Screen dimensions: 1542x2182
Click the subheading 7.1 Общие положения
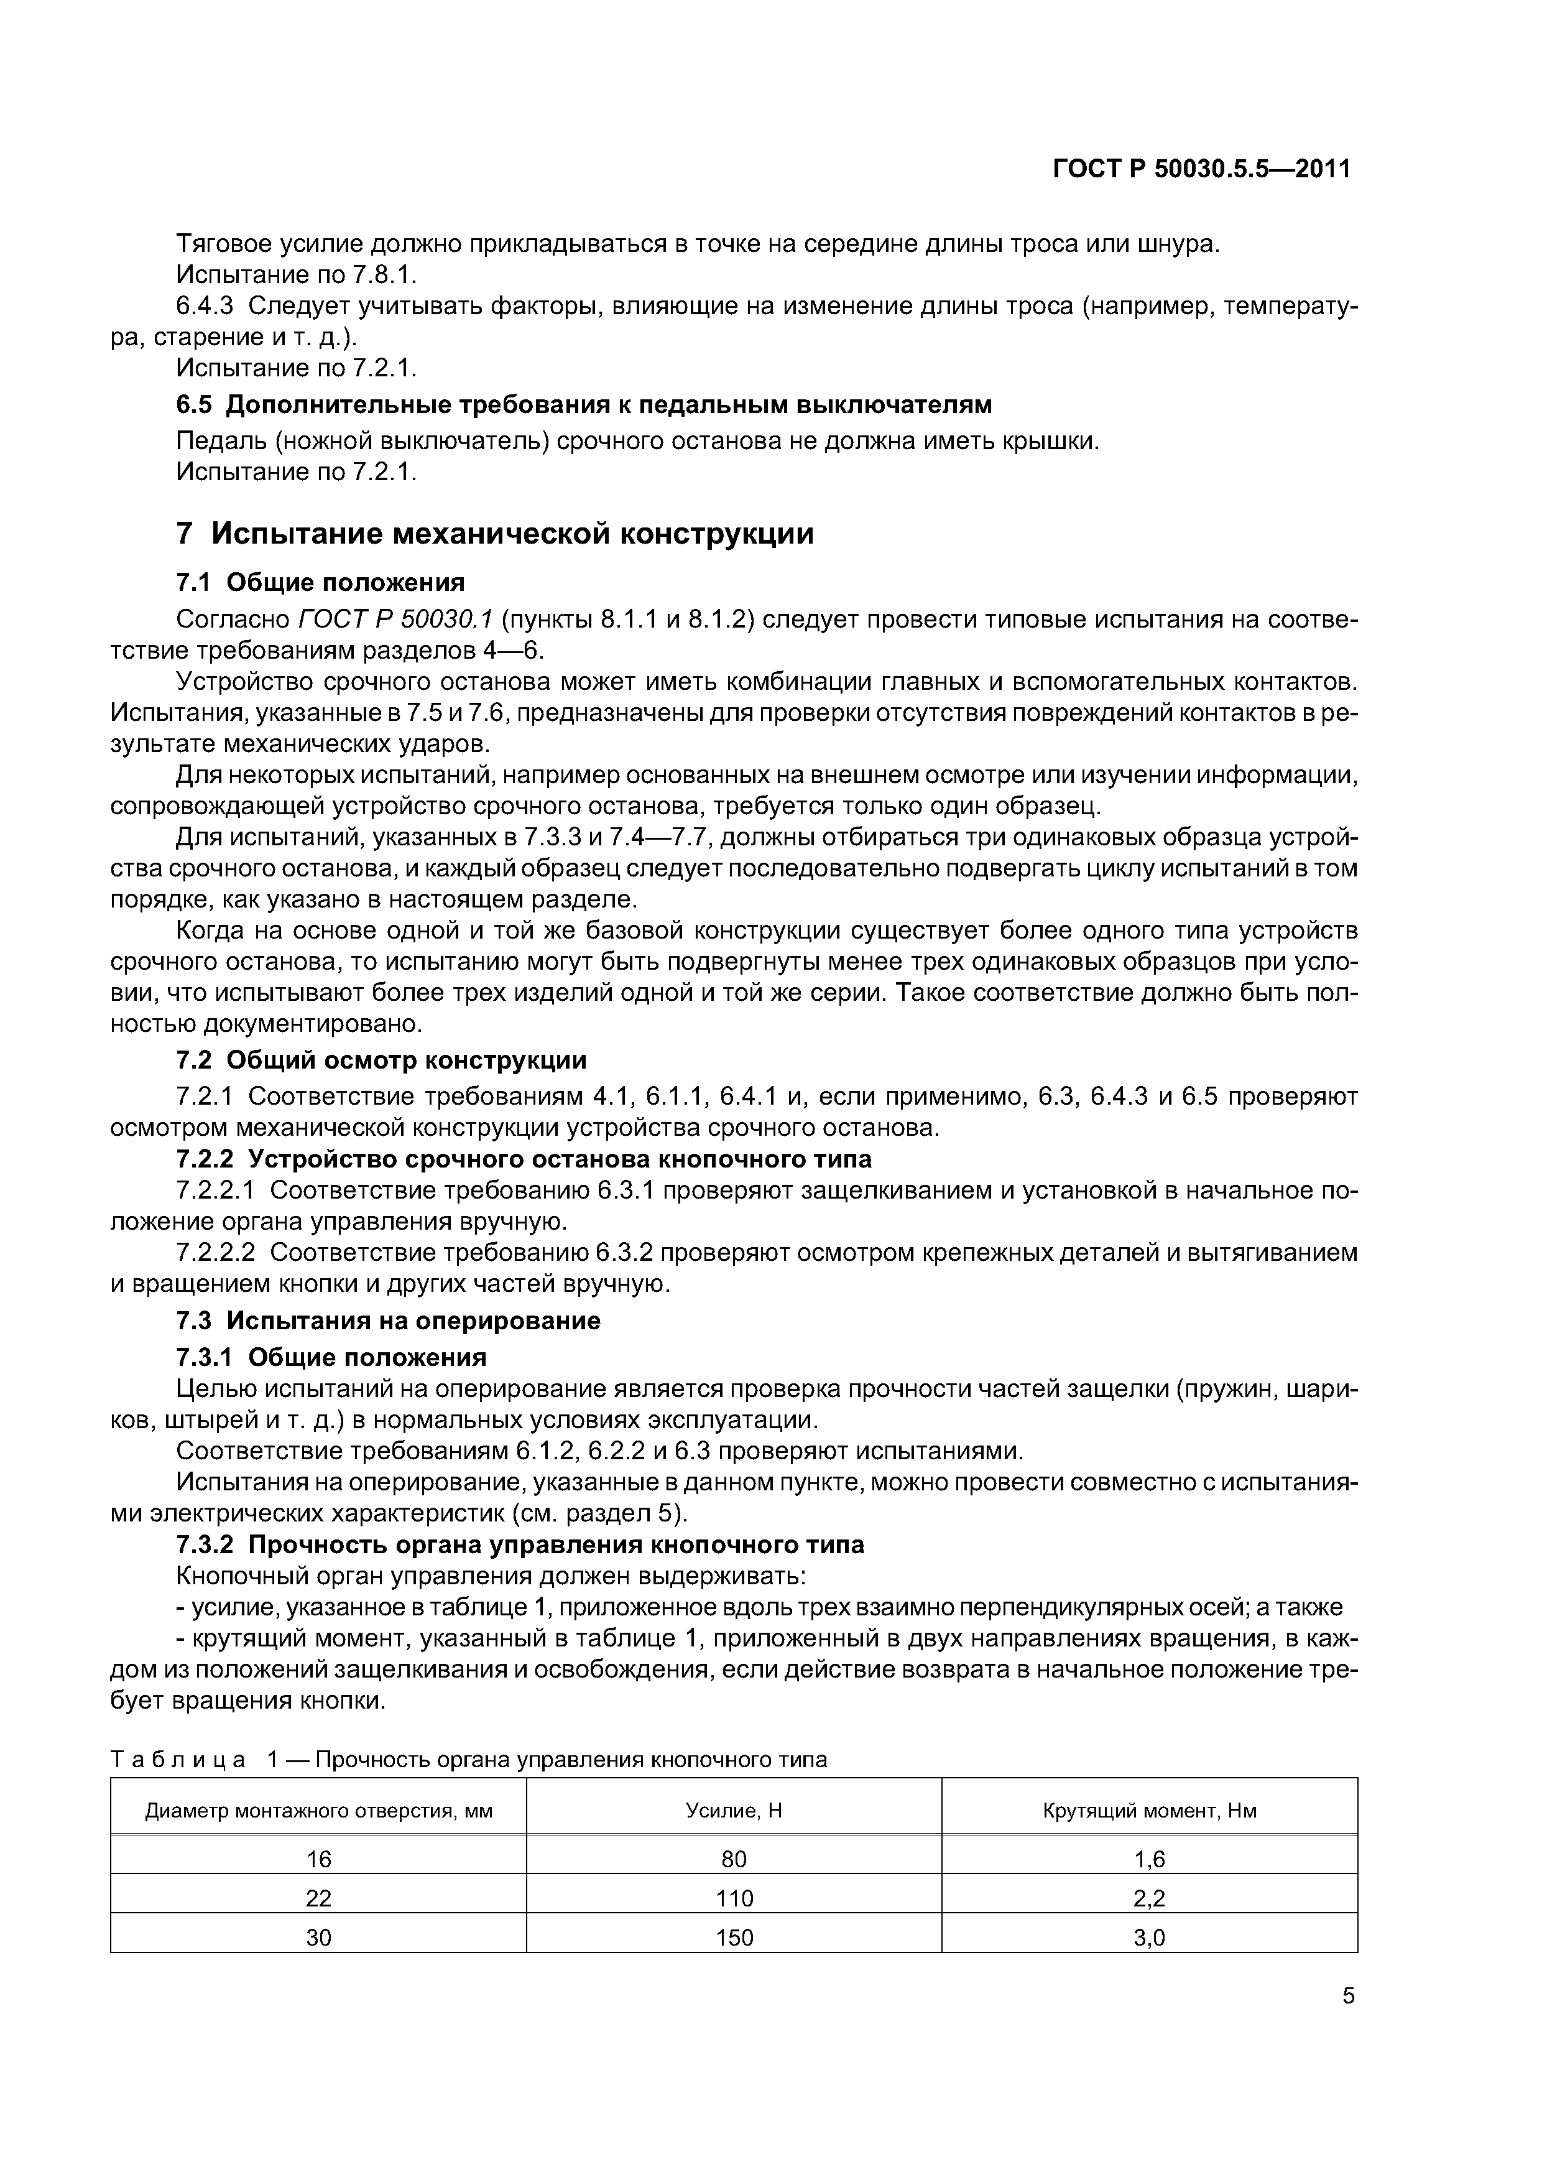pyautogui.click(x=321, y=582)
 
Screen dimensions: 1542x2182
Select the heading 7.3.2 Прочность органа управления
pyautogui.click(x=520, y=1545)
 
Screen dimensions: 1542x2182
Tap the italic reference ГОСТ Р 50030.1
pyautogui.click(x=396, y=620)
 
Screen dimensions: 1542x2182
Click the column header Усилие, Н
pyautogui.click(x=734, y=1811)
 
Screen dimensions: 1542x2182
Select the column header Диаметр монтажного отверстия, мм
pyautogui.click(x=318, y=1811)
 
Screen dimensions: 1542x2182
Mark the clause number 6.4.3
pyautogui.click(x=203, y=306)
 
